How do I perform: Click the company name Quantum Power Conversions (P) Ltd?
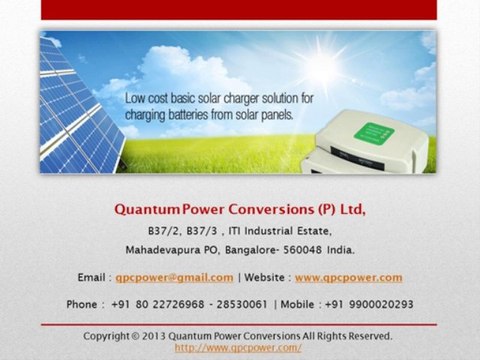tap(240, 210)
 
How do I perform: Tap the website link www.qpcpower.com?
tap(348, 277)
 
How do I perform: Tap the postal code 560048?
tap(313, 249)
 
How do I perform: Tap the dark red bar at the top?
tap(240, 10)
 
